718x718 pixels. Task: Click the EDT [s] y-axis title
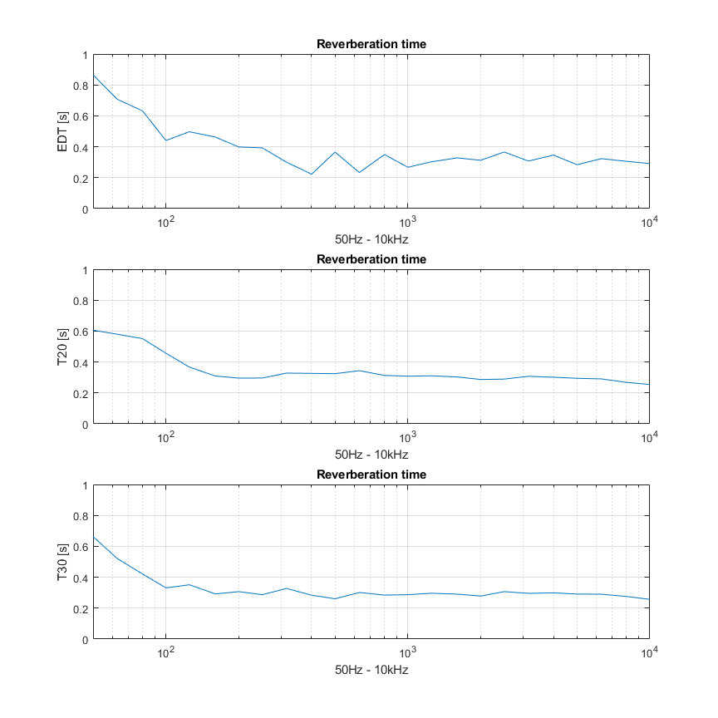[62, 131]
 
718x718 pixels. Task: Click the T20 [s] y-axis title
[62, 347]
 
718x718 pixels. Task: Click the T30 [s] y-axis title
[62, 563]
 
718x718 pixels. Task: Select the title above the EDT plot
[371, 44]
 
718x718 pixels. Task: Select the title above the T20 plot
[371, 259]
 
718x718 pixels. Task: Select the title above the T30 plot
[371, 475]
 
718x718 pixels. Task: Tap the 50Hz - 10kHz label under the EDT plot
[371, 239]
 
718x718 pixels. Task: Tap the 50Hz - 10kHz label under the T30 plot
[371, 670]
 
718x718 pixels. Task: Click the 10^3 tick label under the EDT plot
[407, 224]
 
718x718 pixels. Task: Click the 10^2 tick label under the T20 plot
[165, 439]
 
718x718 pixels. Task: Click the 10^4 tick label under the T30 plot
[649, 654]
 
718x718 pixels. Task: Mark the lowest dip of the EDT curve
[311, 174]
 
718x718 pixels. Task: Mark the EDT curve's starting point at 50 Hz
[93, 76]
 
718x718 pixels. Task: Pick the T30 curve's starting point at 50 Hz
[93, 537]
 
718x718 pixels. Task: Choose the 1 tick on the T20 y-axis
[84, 270]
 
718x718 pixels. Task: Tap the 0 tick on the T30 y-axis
[84, 640]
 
